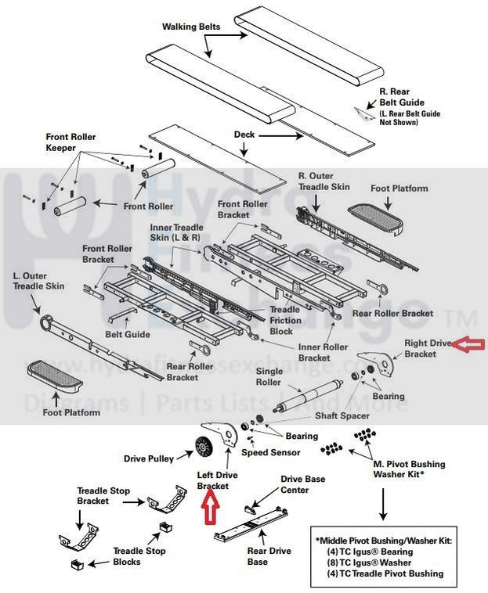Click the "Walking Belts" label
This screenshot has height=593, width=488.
(191, 26)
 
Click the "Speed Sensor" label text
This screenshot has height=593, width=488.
(270, 452)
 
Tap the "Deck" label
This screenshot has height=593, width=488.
(244, 135)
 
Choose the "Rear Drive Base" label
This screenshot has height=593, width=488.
(247, 556)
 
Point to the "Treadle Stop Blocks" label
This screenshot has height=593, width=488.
(139, 556)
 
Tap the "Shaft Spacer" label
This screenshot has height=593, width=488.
(342, 416)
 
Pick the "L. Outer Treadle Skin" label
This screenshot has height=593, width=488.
(38, 282)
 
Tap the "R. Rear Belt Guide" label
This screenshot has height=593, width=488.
(402, 97)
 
